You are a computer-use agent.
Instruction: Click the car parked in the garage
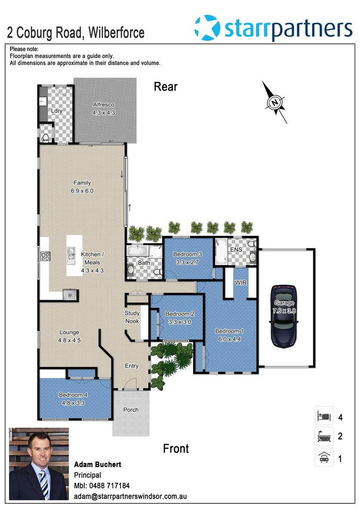[x=284, y=316]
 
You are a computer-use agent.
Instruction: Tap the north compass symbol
[x=275, y=102]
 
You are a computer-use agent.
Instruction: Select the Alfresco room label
[x=104, y=105]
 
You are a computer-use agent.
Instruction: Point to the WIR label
[x=241, y=283]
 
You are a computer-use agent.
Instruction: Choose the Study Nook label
[x=132, y=317]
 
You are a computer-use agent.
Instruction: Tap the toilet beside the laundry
[x=46, y=137]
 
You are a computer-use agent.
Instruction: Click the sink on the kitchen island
[x=71, y=255]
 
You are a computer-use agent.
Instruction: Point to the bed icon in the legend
[x=324, y=417]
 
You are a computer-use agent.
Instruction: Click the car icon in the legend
[x=324, y=458]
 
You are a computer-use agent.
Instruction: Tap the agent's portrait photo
[x=39, y=464]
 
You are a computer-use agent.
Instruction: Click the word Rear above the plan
[x=166, y=87]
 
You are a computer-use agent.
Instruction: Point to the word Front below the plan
[x=176, y=448]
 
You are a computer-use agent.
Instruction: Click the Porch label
[x=131, y=410]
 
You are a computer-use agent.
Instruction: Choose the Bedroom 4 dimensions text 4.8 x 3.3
[x=73, y=403]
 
